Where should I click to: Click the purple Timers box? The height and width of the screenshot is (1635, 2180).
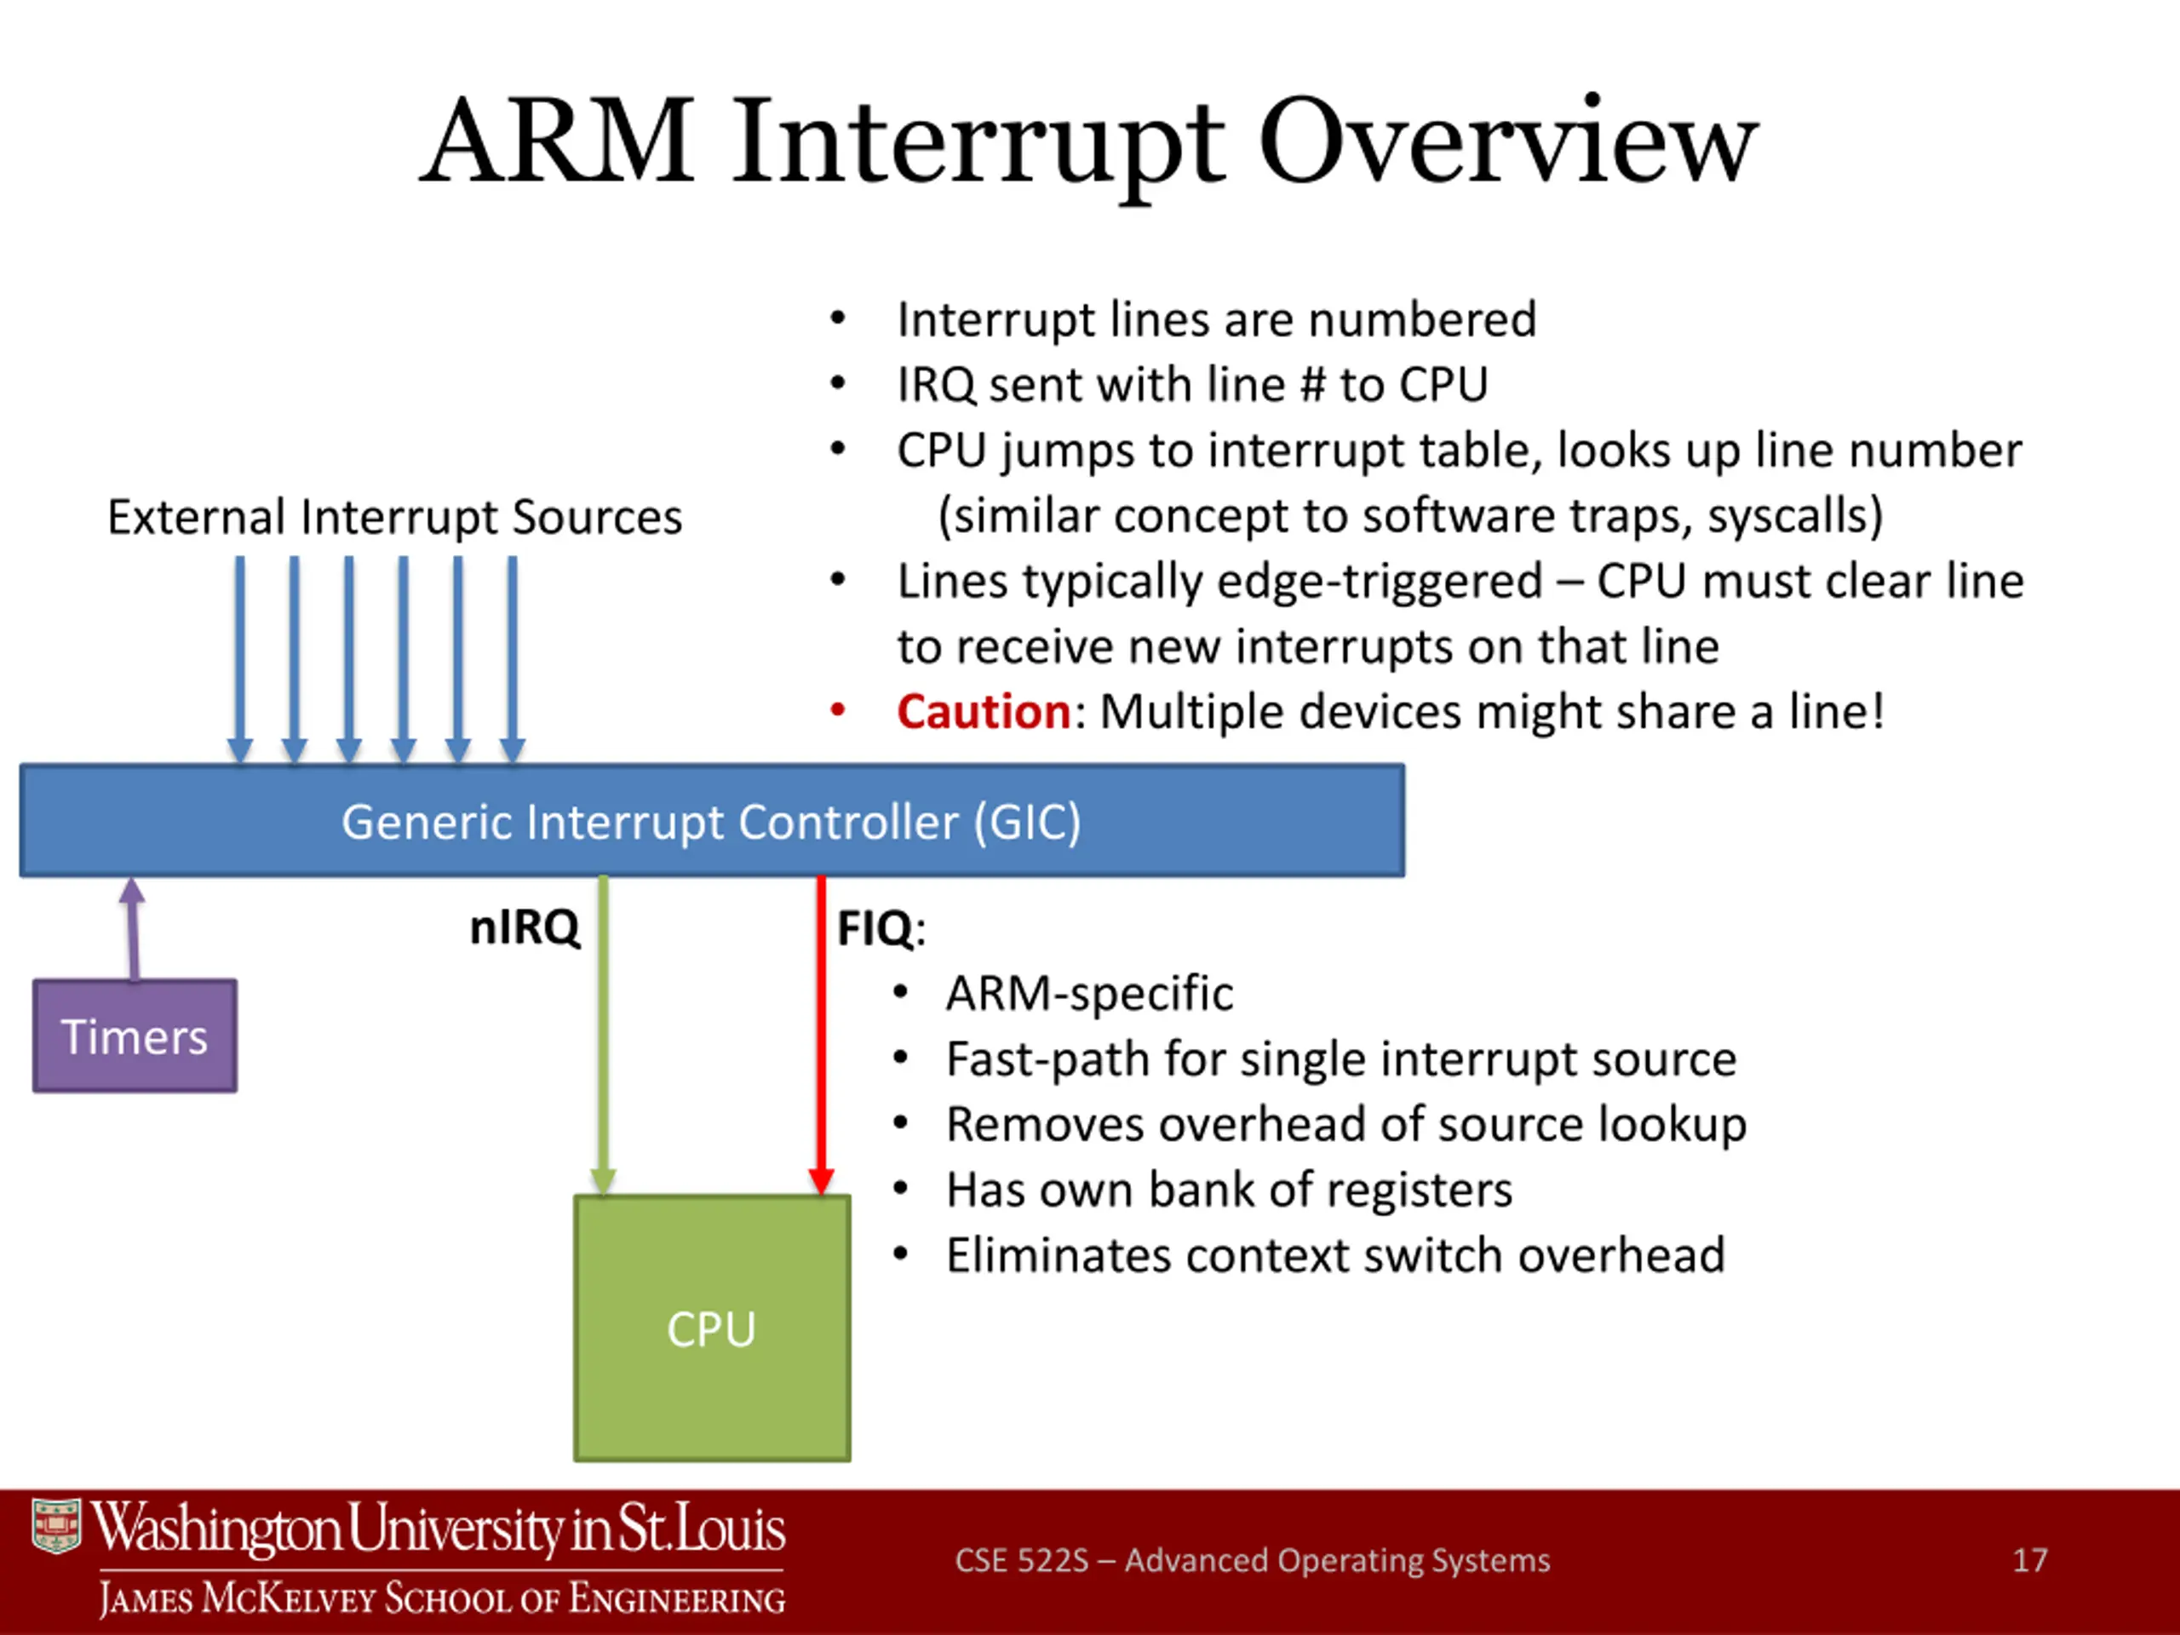[135, 1035]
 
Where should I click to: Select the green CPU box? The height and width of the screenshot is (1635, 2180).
[712, 1328]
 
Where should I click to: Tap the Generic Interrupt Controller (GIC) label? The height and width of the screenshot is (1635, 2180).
[712, 821]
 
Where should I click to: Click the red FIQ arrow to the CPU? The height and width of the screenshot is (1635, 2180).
[821, 1035]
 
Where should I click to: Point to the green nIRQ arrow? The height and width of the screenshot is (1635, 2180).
[603, 1035]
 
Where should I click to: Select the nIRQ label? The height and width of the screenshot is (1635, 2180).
[525, 927]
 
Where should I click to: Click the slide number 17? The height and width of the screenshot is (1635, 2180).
[2029, 1560]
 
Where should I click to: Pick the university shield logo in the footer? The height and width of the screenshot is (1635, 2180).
[56, 1527]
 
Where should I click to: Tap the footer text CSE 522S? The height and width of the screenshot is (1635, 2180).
[1021, 1560]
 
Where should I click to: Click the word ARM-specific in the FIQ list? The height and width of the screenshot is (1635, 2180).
[1089, 992]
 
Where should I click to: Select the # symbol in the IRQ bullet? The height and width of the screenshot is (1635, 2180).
[1311, 384]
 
